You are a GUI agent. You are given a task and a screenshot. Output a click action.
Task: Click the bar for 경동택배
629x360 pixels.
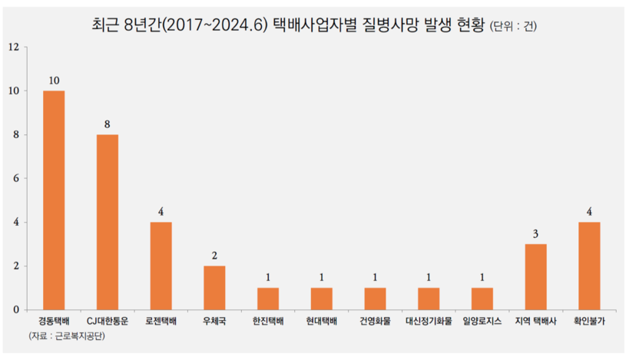[x=54, y=200]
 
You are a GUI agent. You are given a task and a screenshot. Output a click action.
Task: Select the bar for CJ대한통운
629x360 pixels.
[x=108, y=222]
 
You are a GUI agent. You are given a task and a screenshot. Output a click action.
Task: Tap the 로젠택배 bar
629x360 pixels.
[x=161, y=266]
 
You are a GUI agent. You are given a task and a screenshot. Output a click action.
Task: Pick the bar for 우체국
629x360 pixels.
[x=214, y=288]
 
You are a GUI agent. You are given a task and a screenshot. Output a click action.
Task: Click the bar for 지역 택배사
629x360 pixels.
[x=535, y=276]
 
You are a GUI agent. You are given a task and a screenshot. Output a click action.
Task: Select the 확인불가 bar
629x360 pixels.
[x=588, y=266]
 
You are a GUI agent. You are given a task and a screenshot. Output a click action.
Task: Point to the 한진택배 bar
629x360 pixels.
[x=268, y=299]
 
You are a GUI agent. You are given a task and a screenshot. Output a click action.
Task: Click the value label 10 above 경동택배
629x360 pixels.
[x=54, y=80]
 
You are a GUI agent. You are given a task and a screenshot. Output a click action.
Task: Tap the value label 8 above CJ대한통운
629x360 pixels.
[x=108, y=124]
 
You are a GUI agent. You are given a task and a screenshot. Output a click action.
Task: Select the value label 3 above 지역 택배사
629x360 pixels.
[x=535, y=233]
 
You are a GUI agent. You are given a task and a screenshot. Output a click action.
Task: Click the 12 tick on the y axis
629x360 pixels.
[x=13, y=47]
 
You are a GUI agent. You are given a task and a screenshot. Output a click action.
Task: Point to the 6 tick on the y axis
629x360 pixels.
[x=15, y=178]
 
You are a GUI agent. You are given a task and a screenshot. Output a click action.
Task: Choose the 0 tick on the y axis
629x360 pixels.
[x=15, y=310]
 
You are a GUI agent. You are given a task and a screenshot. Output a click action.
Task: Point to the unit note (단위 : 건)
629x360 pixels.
[x=513, y=28]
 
